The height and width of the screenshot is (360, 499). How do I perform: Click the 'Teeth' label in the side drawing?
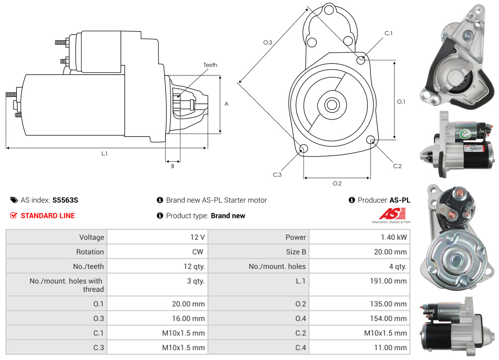coord(210,65)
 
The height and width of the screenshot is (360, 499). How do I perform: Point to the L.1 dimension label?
coord(104,153)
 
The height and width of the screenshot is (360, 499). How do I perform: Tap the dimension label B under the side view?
coord(173,166)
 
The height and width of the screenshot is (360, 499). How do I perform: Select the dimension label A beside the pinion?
coord(227,104)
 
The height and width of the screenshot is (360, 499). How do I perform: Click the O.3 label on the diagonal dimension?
coord(267,42)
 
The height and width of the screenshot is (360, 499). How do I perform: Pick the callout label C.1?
coord(389,33)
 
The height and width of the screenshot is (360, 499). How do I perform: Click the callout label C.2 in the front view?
coord(397,166)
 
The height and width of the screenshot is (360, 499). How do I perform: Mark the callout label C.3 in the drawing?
coord(277,175)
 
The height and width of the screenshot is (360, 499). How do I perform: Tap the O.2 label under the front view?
coord(337,183)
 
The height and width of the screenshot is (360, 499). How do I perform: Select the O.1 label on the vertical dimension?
coord(401,102)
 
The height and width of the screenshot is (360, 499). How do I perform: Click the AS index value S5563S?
coord(65,200)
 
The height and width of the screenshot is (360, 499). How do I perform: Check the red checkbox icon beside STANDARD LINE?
coord(14,215)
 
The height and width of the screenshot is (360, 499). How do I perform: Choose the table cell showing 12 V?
coord(197,237)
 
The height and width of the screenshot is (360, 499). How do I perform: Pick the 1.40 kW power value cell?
coord(394,237)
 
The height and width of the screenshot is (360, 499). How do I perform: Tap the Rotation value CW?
coord(198,252)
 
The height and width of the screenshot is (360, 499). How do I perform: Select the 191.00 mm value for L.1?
coord(388,281)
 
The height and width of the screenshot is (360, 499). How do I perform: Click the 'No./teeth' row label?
coord(88,267)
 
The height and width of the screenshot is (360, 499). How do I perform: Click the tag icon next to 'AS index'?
coord(14,200)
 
